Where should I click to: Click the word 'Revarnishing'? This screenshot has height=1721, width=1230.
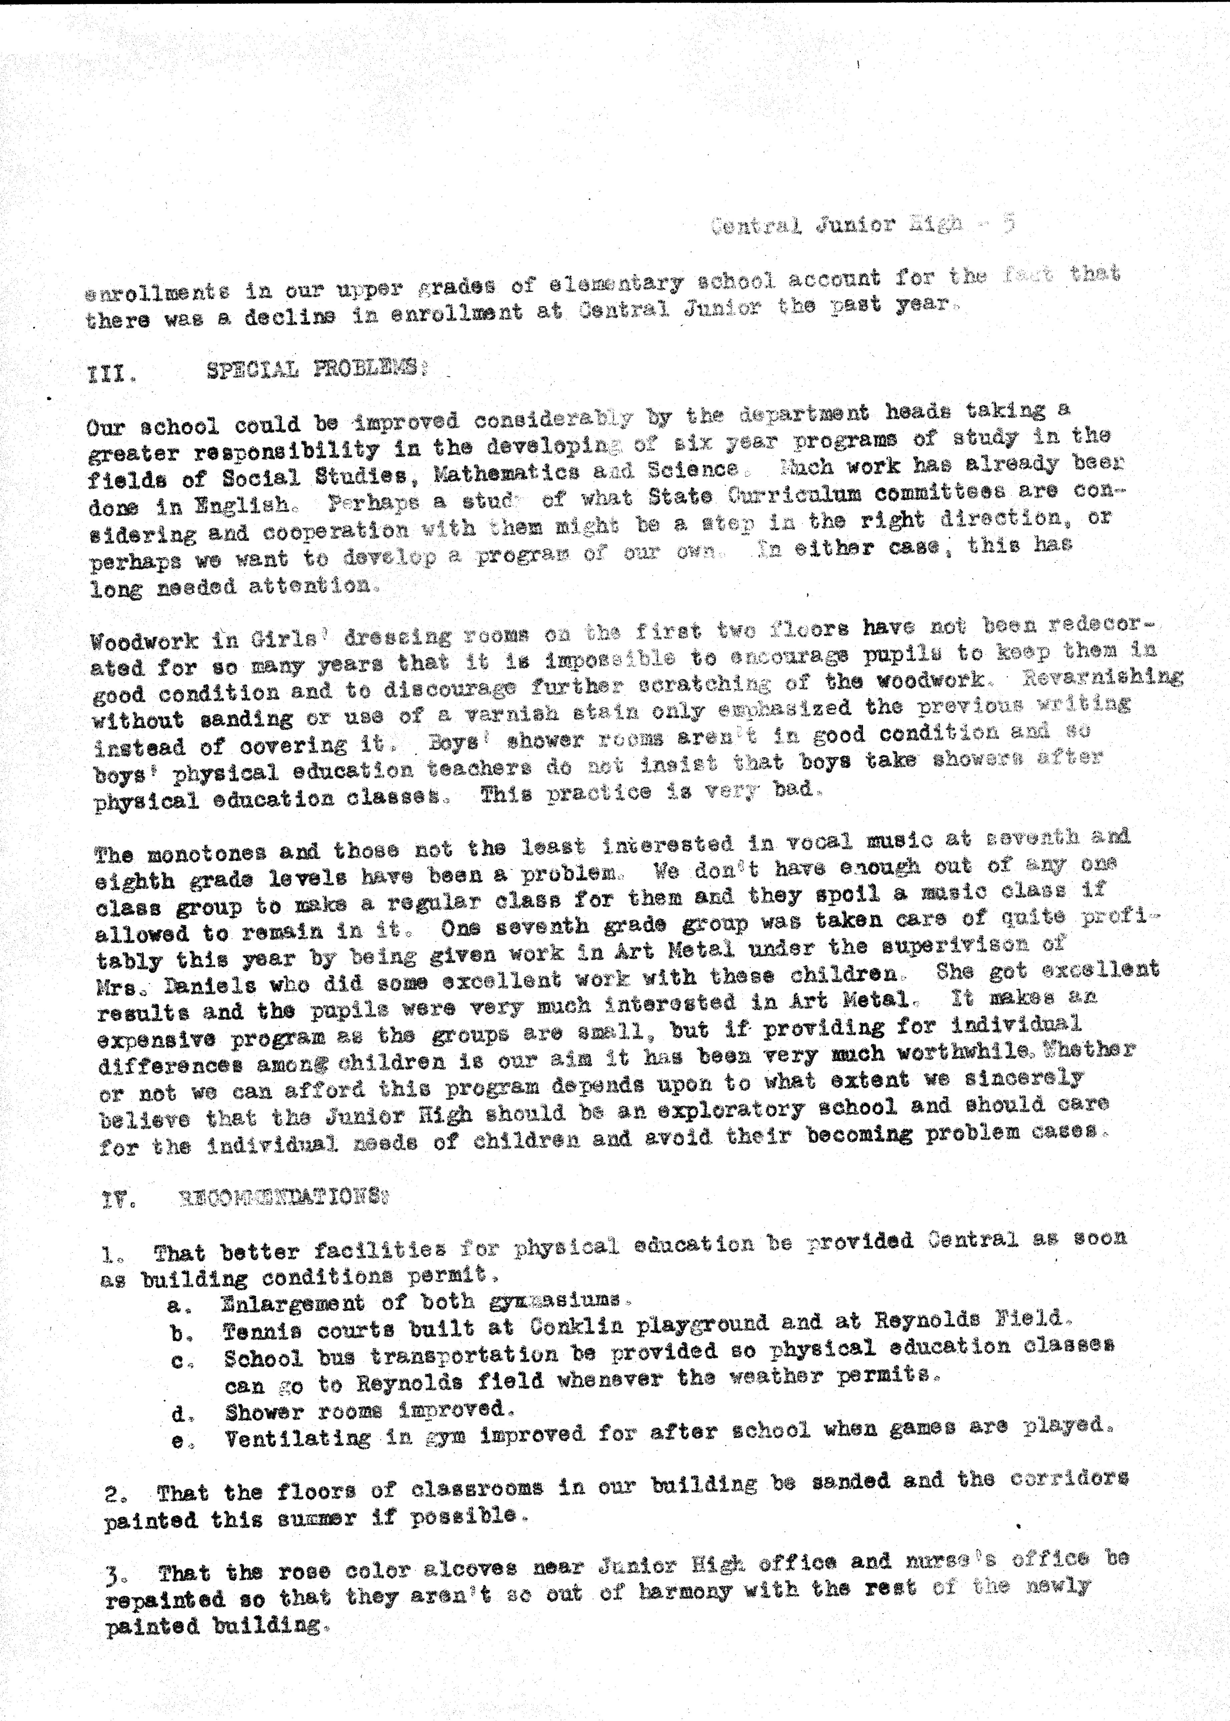coord(1102,677)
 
